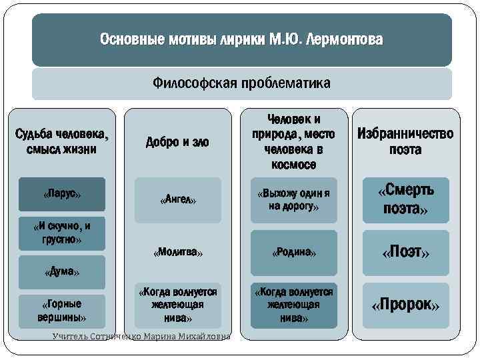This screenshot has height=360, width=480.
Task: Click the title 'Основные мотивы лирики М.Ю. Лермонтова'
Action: click(x=241, y=40)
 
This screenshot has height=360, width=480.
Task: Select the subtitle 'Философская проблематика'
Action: click(x=241, y=84)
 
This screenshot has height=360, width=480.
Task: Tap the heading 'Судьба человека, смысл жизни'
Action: click(x=62, y=142)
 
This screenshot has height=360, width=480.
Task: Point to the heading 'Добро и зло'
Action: click(x=178, y=142)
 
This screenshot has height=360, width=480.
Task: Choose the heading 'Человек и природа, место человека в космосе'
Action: click(x=293, y=141)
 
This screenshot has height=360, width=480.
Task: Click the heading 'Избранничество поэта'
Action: click(x=405, y=141)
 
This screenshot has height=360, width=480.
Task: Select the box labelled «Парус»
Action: click(x=62, y=194)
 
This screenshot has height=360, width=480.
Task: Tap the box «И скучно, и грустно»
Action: click(x=62, y=233)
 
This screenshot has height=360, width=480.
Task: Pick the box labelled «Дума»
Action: click(x=62, y=272)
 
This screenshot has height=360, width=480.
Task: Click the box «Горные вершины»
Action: click(x=62, y=310)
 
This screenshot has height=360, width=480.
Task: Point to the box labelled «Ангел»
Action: click(x=178, y=199)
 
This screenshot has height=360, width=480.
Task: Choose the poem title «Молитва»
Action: click(x=178, y=253)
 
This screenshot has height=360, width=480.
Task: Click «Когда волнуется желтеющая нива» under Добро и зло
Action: click(x=178, y=306)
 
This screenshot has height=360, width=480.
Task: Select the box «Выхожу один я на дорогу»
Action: click(x=293, y=199)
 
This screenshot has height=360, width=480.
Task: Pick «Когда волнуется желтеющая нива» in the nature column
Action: click(x=293, y=306)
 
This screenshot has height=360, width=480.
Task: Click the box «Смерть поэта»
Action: click(x=405, y=199)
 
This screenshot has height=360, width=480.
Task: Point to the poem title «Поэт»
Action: click(x=405, y=253)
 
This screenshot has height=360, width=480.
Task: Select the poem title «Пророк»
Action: click(x=405, y=306)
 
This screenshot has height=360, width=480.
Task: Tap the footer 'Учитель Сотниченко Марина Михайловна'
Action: click(x=141, y=337)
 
